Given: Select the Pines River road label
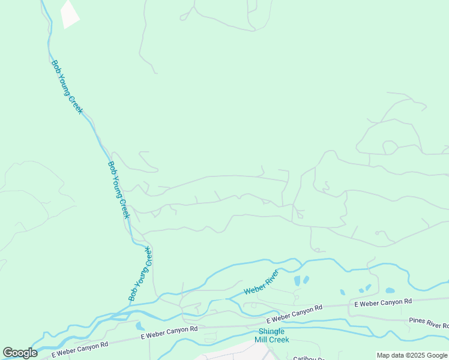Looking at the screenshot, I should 428,324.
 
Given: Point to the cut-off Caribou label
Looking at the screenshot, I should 309,358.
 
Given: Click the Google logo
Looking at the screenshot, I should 20,353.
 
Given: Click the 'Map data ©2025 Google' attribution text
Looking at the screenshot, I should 412,355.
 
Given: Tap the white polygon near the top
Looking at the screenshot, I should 70,14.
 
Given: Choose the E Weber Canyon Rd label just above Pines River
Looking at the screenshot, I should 383,303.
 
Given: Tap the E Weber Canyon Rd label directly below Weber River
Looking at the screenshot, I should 295,313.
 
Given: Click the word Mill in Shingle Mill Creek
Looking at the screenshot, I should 263,340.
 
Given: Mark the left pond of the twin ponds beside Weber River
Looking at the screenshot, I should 297,281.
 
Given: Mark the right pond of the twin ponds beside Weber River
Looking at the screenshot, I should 306,280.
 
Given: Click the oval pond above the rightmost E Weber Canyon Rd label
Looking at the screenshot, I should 390,290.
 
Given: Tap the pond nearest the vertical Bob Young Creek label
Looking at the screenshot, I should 140,326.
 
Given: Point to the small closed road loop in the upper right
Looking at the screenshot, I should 390,147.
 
